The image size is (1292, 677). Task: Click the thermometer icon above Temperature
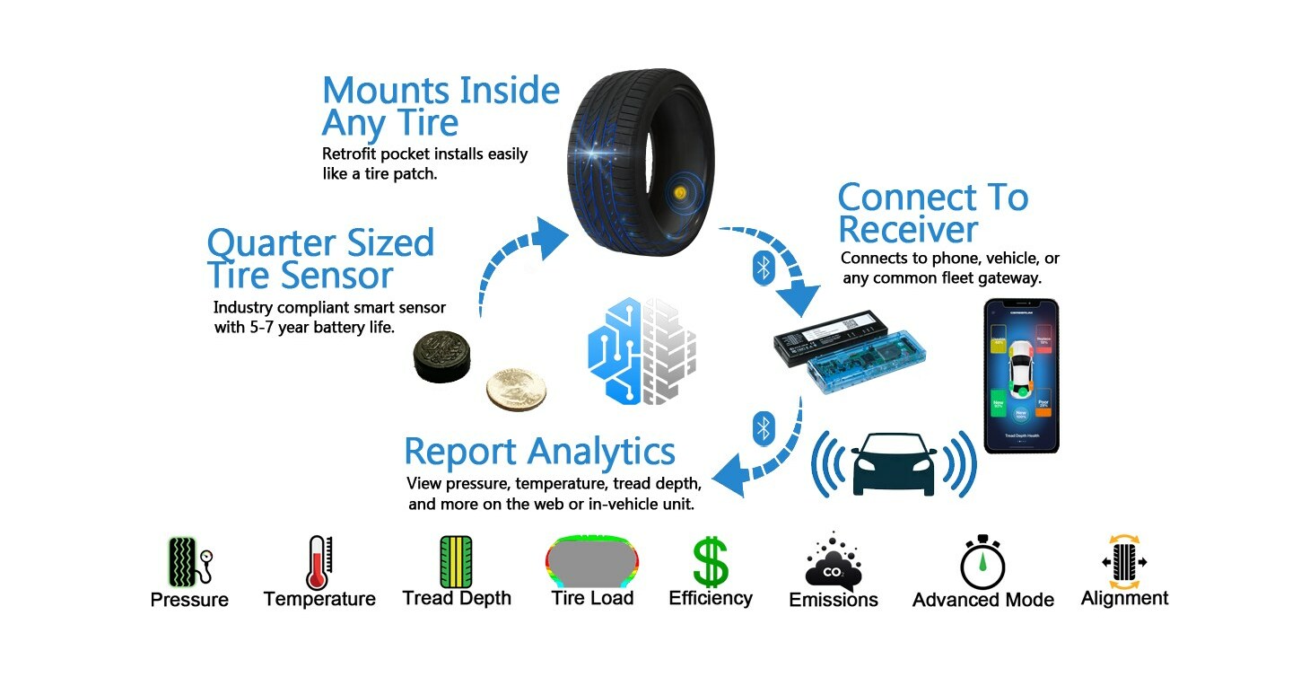(x=319, y=562)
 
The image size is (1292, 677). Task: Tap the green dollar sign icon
(x=711, y=562)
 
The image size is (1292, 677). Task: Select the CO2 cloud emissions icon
(x=834, y=562)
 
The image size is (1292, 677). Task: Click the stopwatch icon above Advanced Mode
(x=982, y=563)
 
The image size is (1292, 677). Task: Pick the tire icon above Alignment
(x=1124, y=562)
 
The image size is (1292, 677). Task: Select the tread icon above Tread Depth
(x=456, y=562)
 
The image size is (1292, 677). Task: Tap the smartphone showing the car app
(x=1021, y=375)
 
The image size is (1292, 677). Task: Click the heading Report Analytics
(x=539, y=452)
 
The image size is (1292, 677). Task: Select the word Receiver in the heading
(x=907, y=230)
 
